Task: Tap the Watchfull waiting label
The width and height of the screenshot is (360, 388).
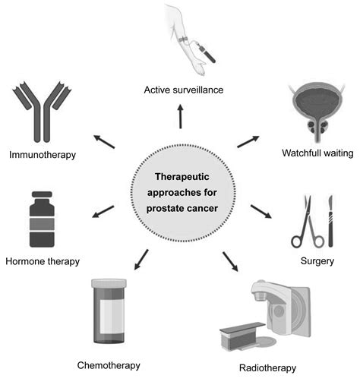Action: pos(317,153)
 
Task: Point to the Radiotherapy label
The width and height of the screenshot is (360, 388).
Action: pos(267,369)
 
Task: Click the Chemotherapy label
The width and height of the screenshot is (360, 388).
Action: pos(109,365)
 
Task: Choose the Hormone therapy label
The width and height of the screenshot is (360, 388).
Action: pos(43,261)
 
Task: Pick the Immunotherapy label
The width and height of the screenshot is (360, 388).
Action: pos(42,156)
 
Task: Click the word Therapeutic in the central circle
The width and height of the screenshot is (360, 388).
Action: pos(180,176)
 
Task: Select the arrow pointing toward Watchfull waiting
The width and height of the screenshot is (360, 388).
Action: pos(248,142)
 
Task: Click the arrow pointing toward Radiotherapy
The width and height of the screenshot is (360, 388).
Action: pos(229,262)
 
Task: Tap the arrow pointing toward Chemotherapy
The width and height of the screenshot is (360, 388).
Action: pos(141,260)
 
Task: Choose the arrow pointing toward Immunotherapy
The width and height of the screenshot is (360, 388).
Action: pos(105,141)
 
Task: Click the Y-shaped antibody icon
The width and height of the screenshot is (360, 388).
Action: pos(41,113)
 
